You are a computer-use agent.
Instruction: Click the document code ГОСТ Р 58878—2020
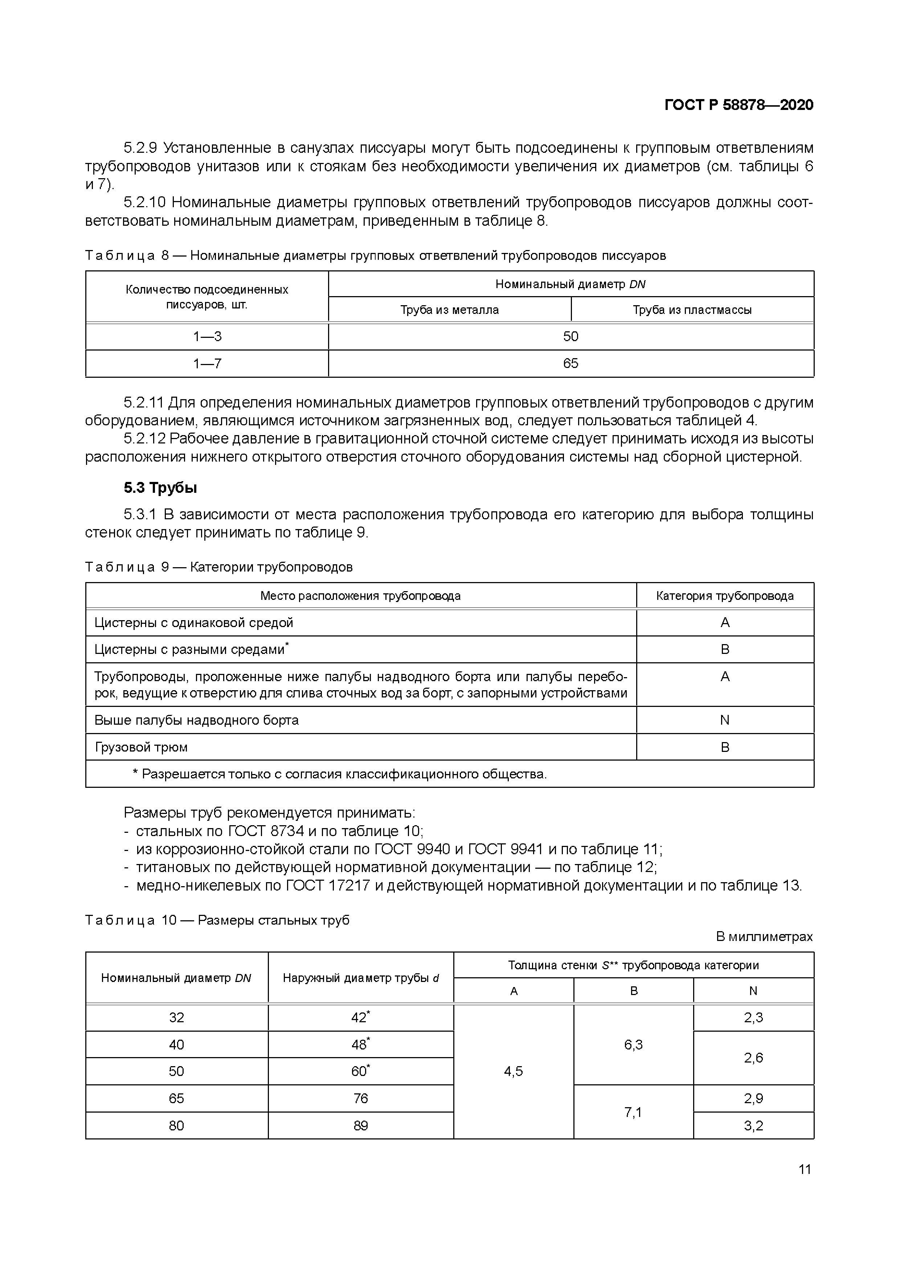tap(738, 105)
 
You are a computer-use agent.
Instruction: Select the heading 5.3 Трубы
tap(160, 488)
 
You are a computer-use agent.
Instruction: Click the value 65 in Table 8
tap(570, 363)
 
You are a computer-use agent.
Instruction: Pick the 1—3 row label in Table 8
tap(207, 336)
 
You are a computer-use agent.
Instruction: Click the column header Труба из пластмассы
tap(692, 310)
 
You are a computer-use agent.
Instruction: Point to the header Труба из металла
tap(449, 310)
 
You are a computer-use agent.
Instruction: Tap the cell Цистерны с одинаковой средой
tap(193, 623)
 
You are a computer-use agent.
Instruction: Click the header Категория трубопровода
tap(724, 596)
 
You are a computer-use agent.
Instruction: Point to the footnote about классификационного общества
tap(339, 774)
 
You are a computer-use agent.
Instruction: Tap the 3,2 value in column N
tap(753, 1126)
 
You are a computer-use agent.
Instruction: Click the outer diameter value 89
tap(360, 1126)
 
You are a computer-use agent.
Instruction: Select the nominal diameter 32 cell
tap(176, 1018)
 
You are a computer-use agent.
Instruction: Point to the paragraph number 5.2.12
tap(144, 439)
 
